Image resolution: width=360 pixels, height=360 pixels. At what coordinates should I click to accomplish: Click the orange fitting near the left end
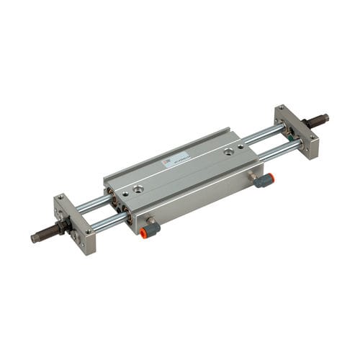pyautogui.click(x=150, y=230)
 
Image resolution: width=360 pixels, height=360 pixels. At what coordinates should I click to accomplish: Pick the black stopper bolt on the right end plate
pyautogui.click(x=317, y=120)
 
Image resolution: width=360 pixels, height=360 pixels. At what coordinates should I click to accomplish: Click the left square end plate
pyautogui.click(x=76, y=223)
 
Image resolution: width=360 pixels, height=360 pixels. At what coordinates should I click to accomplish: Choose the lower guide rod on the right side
pyautogui.click(x=277, y=150)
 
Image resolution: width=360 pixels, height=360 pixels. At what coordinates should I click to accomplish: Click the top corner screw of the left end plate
pyautogui.click(x=60, y=198)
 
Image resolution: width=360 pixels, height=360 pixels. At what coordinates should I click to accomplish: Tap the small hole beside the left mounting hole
pyautogui.click(x=125, y=193)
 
